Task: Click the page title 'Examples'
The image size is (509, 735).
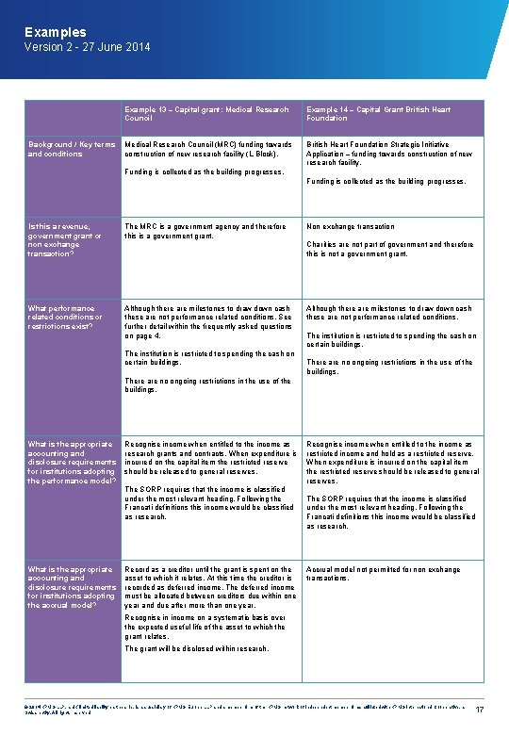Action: pos(56,32)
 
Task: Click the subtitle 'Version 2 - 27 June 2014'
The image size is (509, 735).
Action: pos(87,47)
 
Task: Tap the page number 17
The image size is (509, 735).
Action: pos(480,710)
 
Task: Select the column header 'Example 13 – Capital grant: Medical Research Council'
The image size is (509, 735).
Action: pos(206,114)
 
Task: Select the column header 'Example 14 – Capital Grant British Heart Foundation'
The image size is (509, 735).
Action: pos(378,114)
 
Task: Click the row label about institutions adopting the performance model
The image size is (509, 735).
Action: pos(69,462)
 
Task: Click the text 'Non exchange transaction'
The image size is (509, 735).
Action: pos(350,226)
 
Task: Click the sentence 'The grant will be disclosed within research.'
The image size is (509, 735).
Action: pos(196,648)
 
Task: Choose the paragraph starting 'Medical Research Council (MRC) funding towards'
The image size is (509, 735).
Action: pos(207,149)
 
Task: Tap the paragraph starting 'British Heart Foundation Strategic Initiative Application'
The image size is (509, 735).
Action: pos(389,154)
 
